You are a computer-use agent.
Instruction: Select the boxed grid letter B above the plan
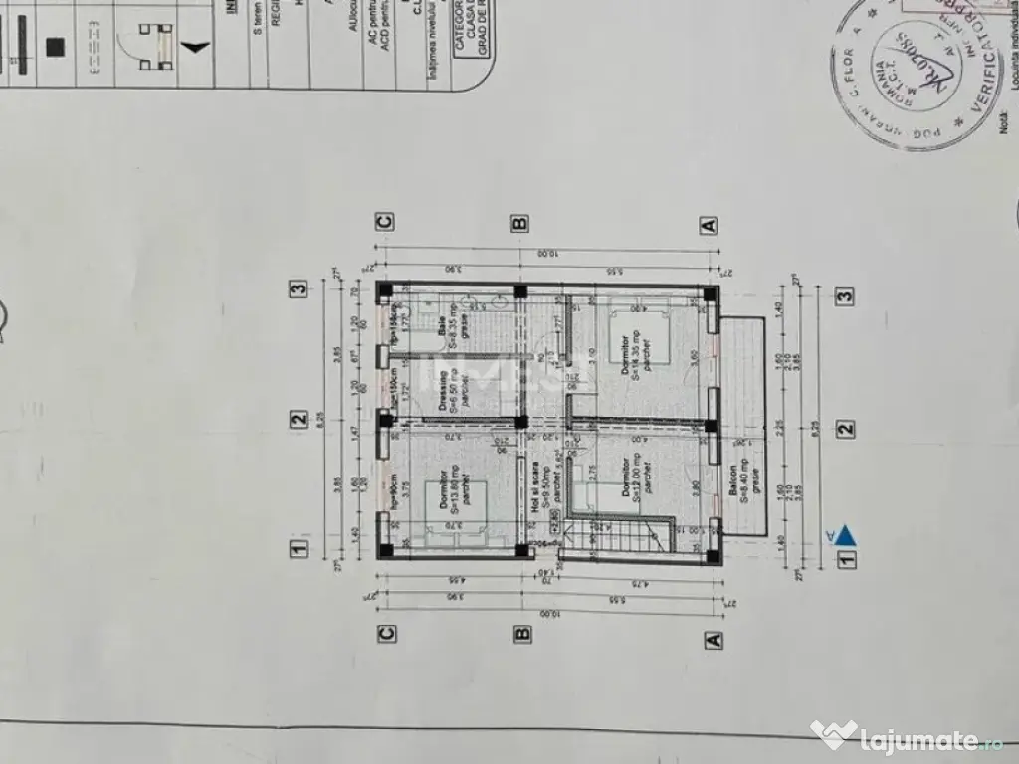click(x=519, y=223)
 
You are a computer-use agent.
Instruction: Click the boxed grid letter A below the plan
click(x=713, y=640)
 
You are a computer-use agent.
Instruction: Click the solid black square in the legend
click(x=56, y=48)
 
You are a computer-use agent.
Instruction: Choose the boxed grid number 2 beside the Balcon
click(x=845, y=429)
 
